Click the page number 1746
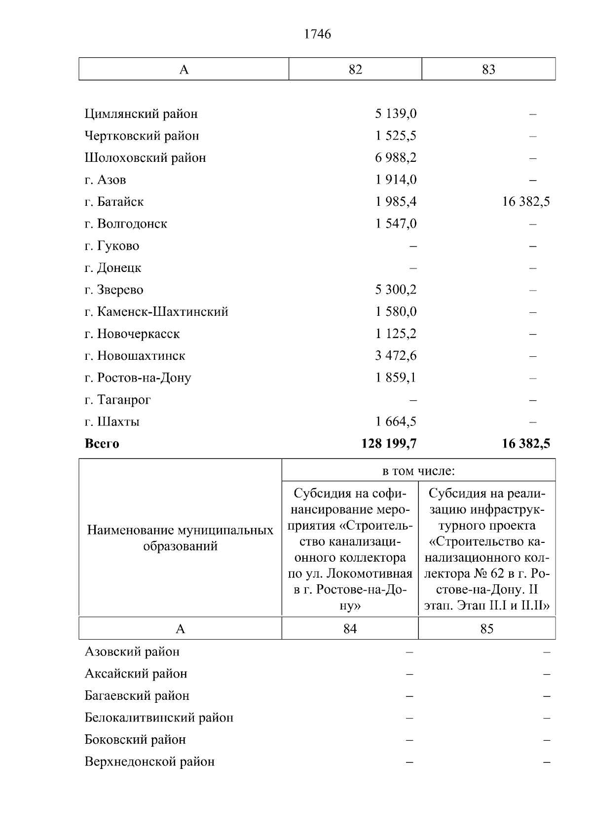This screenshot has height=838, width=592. [x=317, y=34]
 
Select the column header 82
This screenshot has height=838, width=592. [x=355, y=70]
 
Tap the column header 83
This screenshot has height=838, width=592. [x=488, y=70]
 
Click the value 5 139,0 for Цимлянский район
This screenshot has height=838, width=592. [x=396, y=114]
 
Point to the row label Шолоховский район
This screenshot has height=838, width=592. [x=145, y=158]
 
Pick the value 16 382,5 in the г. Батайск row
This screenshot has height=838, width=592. [x=526, y=202]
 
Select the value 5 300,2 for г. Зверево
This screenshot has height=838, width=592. [x=396, y=290]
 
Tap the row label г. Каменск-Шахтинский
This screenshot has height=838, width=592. [x=156, y=312]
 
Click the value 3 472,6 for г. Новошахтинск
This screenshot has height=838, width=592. [x=396, y=356]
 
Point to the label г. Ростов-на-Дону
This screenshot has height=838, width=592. [x=138, y=378]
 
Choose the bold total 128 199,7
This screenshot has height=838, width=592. [x=389, y=444]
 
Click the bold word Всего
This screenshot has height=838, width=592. [x=102, y=444]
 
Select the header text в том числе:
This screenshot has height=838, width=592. [x=418, y=471]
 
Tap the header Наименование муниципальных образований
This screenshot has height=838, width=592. [x=180, y=538]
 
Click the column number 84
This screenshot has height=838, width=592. [x=350, y=629]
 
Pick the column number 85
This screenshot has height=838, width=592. [x=486, y=629]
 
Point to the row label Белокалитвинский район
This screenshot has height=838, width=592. [x=159, y=718]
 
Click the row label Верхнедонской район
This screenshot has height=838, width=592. [x=149, y=762]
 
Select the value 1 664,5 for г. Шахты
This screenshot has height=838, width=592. [x=396, y=422]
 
